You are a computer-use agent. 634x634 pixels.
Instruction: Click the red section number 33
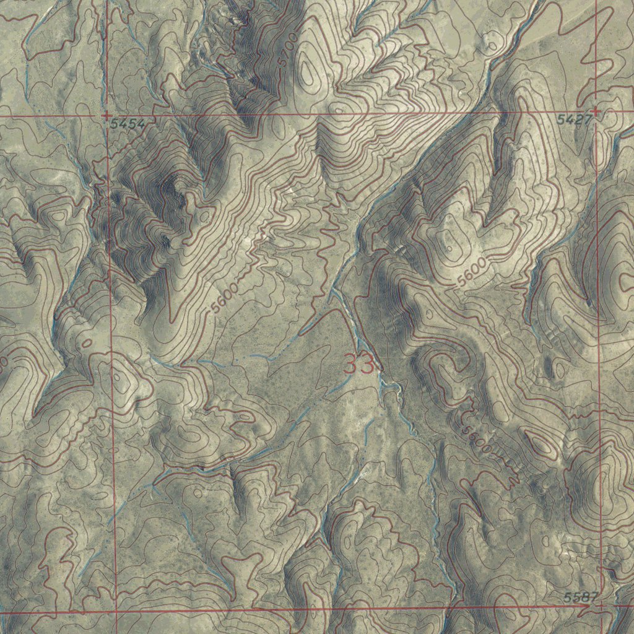point(359,364)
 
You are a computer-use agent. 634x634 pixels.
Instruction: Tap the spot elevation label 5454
point(128,124)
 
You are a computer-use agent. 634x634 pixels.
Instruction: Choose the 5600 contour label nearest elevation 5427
point(472,273)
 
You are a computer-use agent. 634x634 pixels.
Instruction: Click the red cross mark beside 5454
point(106,115)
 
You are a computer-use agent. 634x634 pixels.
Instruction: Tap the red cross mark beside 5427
point(596,111)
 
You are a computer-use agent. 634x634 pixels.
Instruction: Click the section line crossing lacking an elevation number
point(116,612)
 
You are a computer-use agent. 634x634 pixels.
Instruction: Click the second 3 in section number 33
point(367,364)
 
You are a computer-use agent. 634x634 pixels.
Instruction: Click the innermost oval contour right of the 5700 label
point(310,71)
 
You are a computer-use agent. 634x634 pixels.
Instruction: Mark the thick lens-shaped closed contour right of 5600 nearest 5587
point(539,443)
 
